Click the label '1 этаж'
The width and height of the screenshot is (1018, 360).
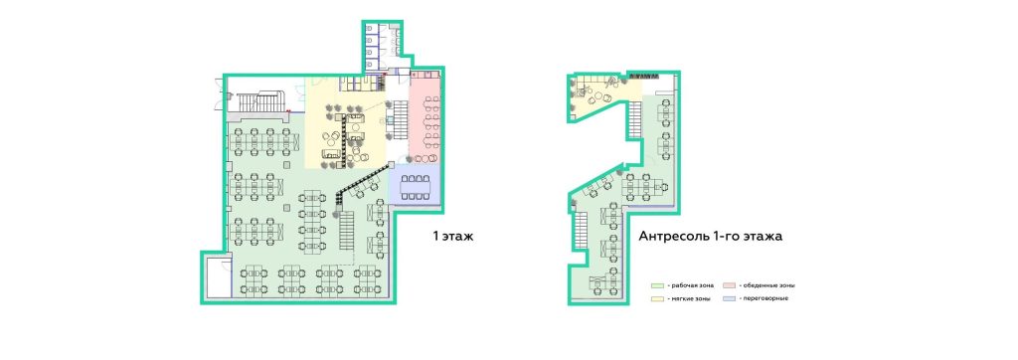[453, 236]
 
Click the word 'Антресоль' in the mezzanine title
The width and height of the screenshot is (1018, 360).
[670, 237]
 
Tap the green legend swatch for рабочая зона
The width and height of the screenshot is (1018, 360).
[657, 285]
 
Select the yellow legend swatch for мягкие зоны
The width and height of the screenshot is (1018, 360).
[657, 298]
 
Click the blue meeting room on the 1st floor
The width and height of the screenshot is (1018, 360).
[415, 187]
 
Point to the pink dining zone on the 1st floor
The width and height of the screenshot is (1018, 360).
[425, 120]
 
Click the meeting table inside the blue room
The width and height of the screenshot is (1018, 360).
[415, 187]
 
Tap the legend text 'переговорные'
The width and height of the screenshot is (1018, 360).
[771, 298]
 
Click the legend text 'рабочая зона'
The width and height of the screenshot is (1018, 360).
[688, 285]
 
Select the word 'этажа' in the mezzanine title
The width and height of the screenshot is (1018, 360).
[763, 237]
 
